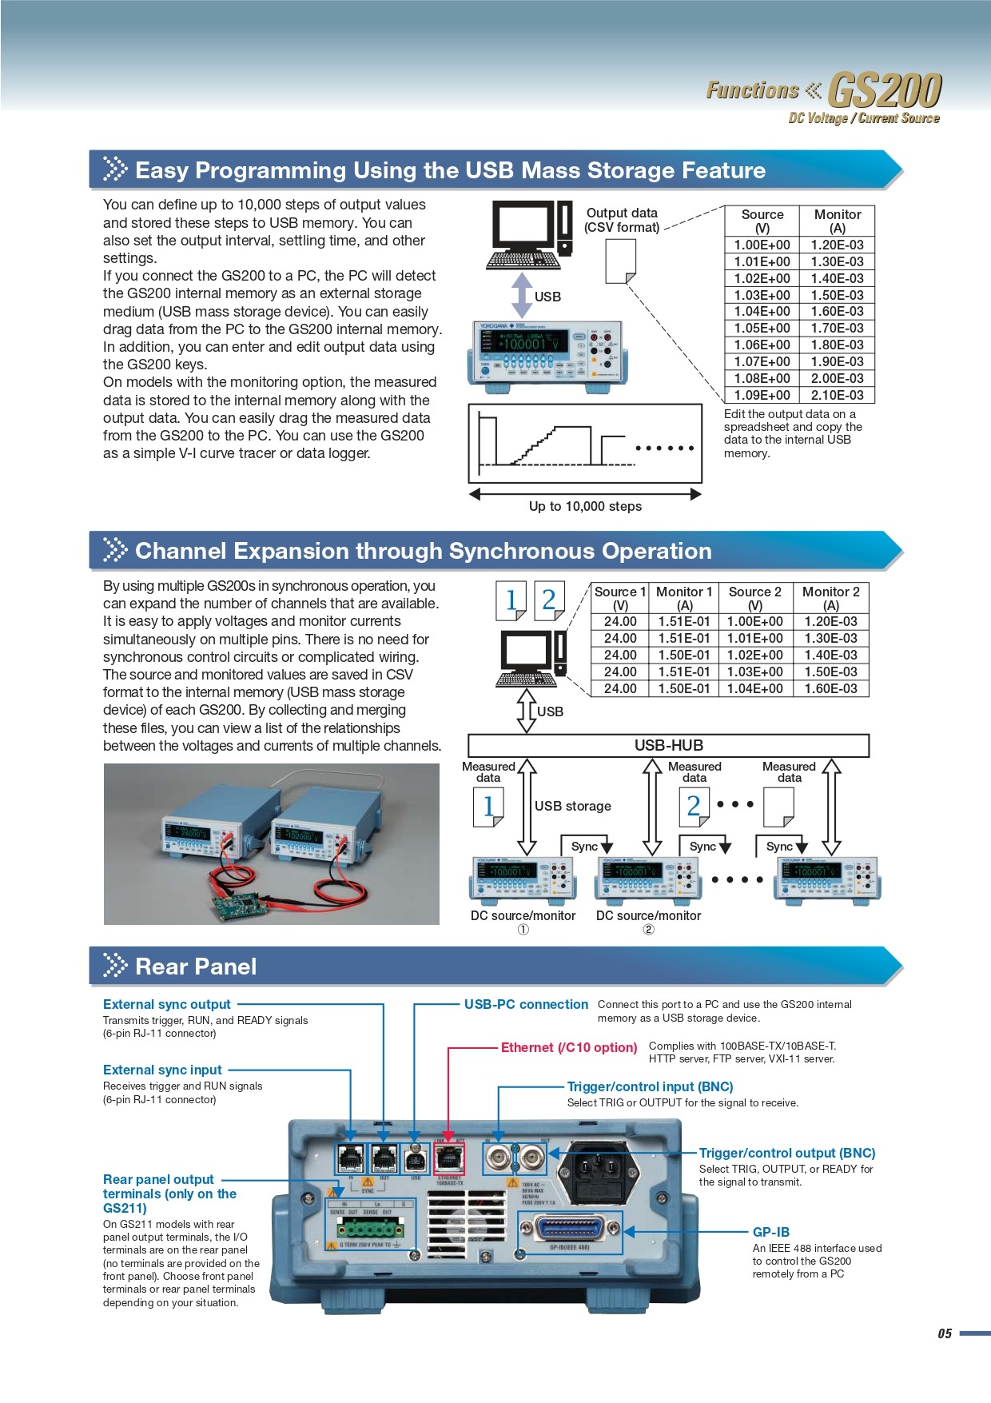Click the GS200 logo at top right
click(x=884, y=90)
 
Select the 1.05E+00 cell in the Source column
click(x=762, y=328)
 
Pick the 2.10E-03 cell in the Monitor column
click(x=837, y=395)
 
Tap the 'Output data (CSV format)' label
click(x=622, y=220)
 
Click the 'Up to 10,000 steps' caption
click(x=585, y=506)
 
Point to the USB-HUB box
click(x=668, y=745)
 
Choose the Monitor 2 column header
click(x=830, y=598)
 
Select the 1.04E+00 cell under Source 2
click(x=754, y=688)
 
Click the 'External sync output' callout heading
click(x=166, y=1004)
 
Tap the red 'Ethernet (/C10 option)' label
click(x=569, y=1047)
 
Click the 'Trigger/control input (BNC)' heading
click(x=650, y=1086)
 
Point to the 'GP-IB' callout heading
click(x=770, y=1232)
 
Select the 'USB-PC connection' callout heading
click(x=526, y=1004)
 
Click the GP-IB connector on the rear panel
click(x=570, y=1230)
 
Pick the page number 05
click(x=945, y=1333)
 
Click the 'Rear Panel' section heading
click(x=196, y=967)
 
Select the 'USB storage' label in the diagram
click(x=572, y=806)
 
